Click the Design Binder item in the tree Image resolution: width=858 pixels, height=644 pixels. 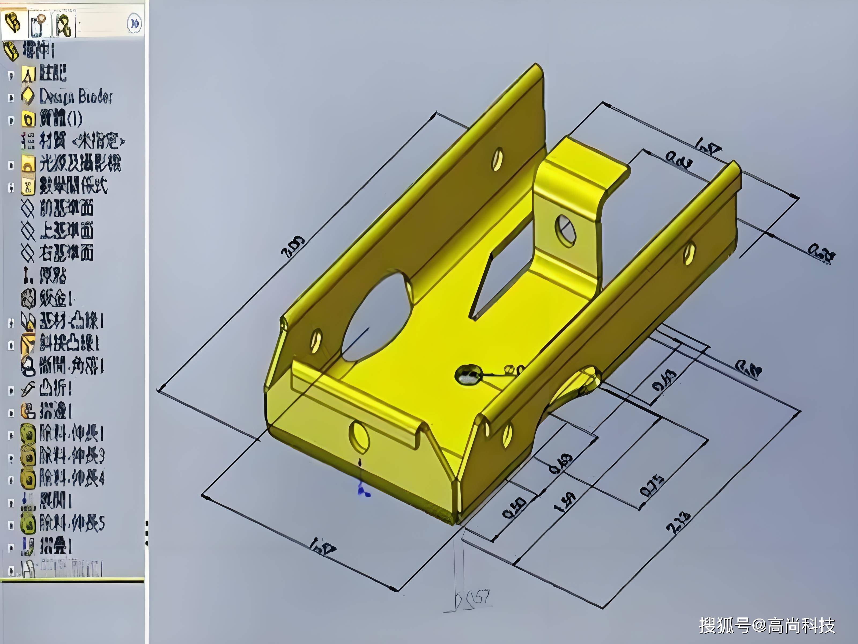76,96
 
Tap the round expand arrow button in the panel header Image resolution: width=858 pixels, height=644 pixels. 134,23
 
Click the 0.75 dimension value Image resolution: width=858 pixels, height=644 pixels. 652,485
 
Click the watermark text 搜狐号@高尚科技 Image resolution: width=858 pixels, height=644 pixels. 767,625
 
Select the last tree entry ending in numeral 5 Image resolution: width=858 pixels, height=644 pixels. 72,523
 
